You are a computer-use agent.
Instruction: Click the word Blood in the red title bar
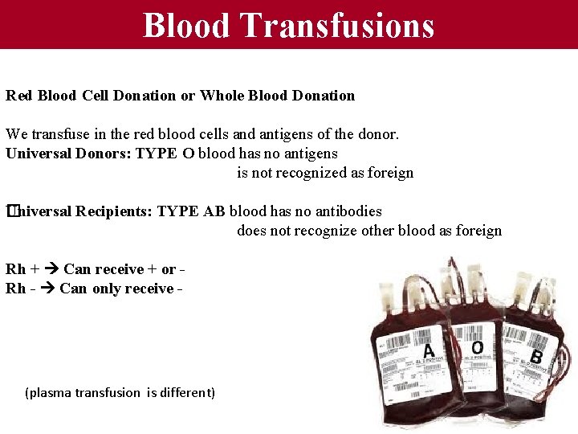(x=187, y=25)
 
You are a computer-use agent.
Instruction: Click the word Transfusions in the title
(x=337, y=25)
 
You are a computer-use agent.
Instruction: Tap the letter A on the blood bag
(x=429, y=350)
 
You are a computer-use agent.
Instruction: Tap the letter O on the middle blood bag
(x=478, y=347)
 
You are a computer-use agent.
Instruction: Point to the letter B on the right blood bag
(x=537, y=356)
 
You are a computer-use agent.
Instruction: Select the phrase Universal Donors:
(x=67, y=154)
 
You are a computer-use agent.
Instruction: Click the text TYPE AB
(x=191, y=211)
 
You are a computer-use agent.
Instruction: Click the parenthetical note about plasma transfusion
(x=120, y=393)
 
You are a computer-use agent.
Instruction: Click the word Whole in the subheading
(x=222, y=96)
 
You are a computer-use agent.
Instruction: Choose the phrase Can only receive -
(x=117, y=289)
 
